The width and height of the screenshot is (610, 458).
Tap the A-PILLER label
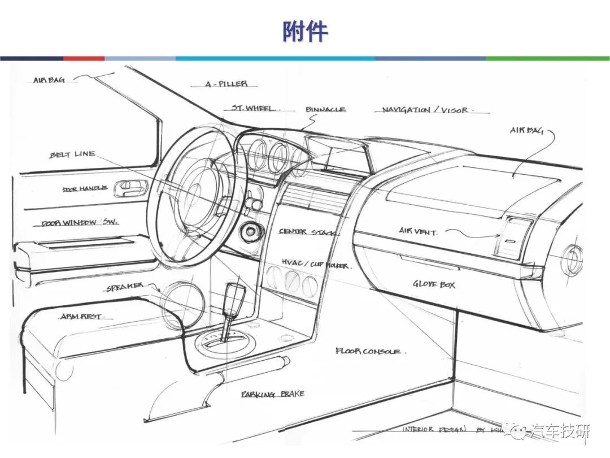pos(225,84)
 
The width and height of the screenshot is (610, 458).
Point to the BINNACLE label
pos(326,110)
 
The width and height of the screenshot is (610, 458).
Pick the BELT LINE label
pos(72,154)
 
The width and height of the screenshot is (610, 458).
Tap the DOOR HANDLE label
pos(85,189)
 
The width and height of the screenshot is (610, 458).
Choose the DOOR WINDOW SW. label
pos(80,223)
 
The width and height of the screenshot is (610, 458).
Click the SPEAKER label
pos(125,287)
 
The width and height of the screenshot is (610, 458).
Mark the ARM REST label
pos(81,317)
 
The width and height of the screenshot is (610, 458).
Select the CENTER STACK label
pos(308,232)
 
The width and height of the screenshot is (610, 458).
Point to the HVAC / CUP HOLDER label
pos(315,265)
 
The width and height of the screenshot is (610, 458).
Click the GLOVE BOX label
pos(434,284)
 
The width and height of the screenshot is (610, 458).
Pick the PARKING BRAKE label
pos(273,394)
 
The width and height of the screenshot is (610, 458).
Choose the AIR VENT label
pos(418,231)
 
